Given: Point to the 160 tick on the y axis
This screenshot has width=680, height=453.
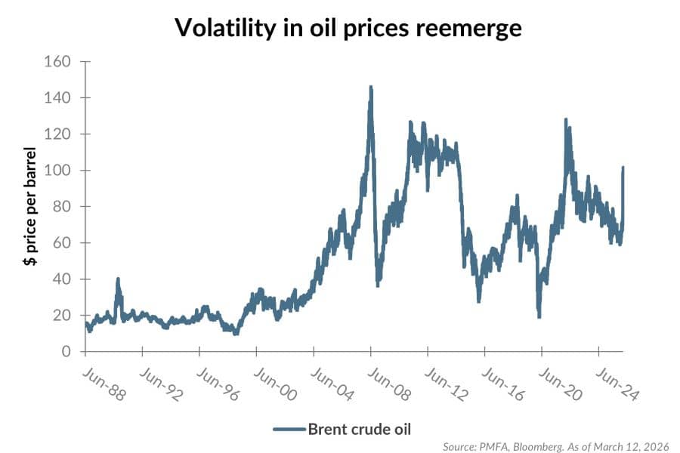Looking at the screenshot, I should pos(60,62).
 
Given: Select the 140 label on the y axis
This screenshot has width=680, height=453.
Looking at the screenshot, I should pos(60,98).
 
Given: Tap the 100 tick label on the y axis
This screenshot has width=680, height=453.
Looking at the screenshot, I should pos(60,171).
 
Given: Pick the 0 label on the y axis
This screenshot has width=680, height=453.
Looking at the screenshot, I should pos(66,352).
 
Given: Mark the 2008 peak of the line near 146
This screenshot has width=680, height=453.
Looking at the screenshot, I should pos(370,87).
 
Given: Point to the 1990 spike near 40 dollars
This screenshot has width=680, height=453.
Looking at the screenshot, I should pos(118,279).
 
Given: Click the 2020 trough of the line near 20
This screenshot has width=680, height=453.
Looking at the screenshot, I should pos(539,316).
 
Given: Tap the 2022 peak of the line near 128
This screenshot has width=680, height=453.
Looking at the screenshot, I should pos(565,119).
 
